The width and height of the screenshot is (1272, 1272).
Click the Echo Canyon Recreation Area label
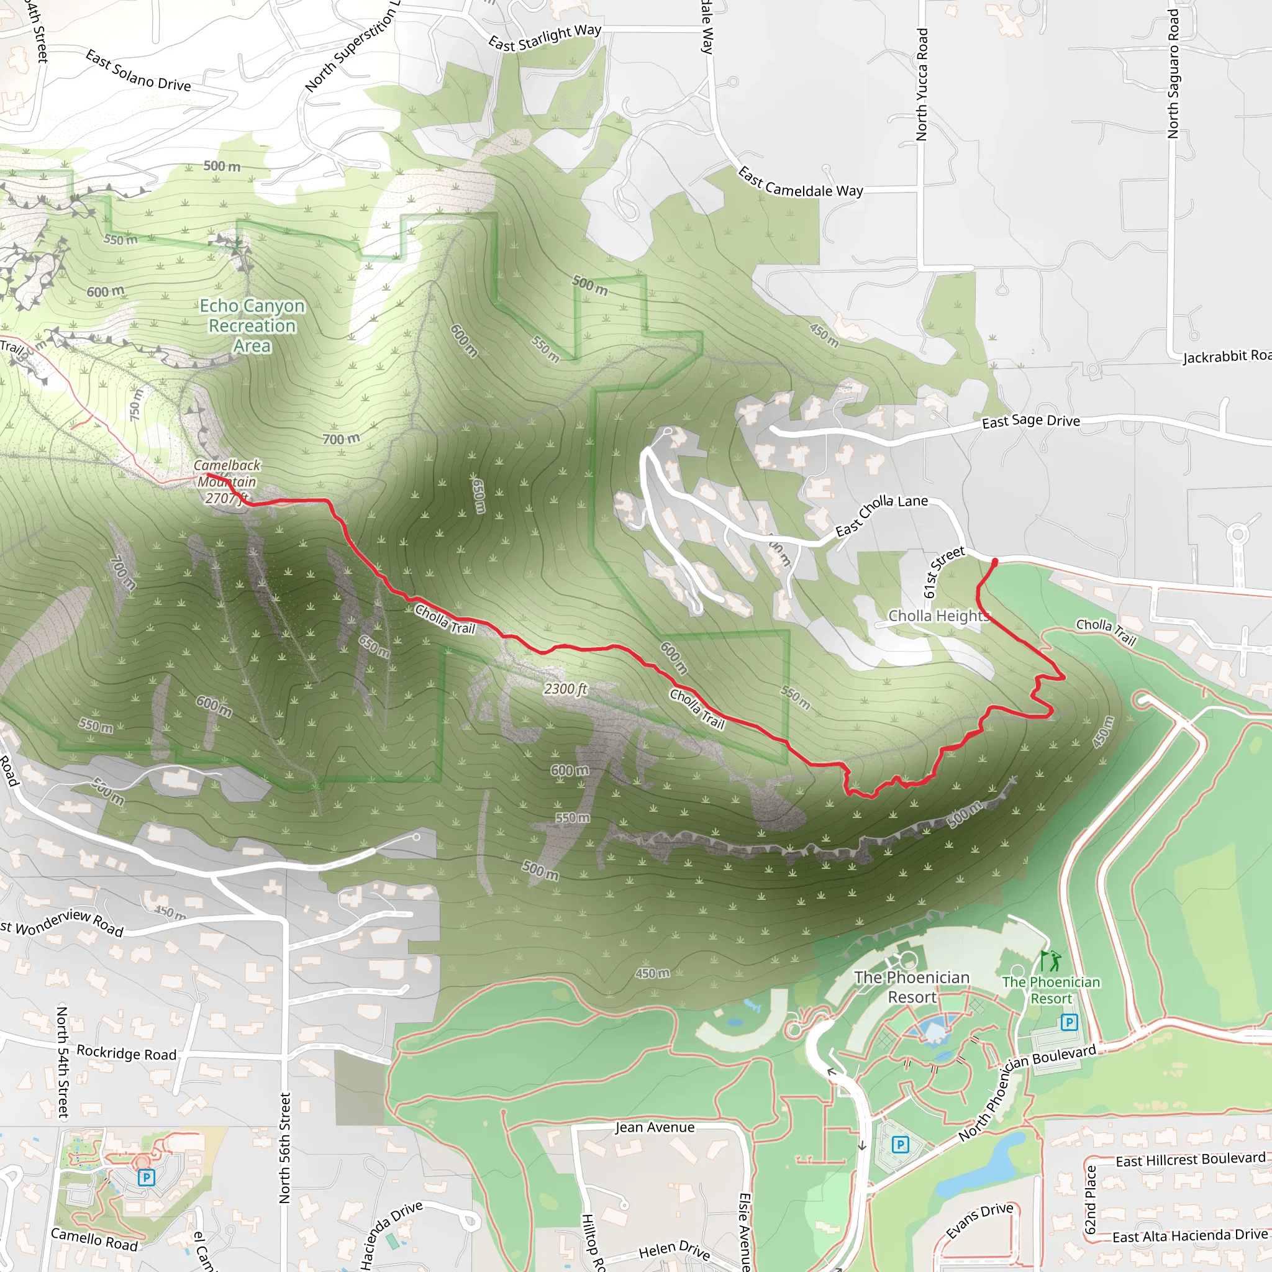[252, 325]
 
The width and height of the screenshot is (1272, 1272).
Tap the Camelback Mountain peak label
[227, 481]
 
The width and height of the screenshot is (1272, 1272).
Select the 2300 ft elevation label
[565, 689]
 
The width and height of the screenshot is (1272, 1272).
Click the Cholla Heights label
[938, 616]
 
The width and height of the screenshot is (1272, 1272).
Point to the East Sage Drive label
[1030, 420]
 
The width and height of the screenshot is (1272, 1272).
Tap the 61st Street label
[943, 571]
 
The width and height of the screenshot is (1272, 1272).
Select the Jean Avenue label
[655, 1127]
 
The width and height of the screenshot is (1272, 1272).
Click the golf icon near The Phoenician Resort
[1051, 961]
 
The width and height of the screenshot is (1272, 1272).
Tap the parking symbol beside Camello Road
[146, 1177]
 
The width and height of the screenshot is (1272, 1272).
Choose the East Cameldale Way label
[800, 183]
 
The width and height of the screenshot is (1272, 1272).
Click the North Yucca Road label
[922, 84]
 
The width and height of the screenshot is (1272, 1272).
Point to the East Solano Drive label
[139, 71]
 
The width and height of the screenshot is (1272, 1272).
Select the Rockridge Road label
[127, 1053]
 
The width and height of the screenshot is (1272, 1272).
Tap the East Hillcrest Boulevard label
[1191, 1160]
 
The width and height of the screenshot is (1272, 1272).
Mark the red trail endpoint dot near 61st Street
[995, 561]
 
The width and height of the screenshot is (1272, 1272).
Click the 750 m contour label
[135, 405]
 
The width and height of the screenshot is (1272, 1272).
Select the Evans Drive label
[979, 1220]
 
